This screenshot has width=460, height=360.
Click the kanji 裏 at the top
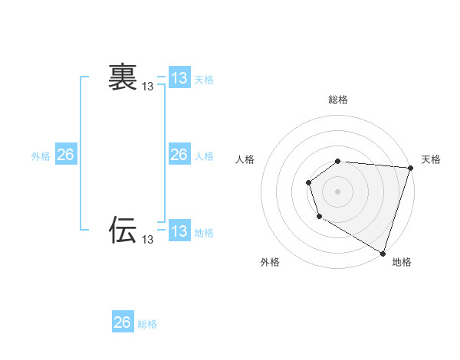pyautogui.click(x=123, y=77)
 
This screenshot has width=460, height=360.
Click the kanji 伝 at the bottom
pyautogui.click(x=123, y=229)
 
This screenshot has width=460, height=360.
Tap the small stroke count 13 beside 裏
pyautogui.click(x=148, y=87)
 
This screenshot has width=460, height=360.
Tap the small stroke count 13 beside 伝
pyautogui.click(x=148, y=240)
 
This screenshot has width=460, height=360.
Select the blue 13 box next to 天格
pyautogui.click(x=179, y=78)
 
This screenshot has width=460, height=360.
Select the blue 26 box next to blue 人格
pyautogui.click(x=179, y=155)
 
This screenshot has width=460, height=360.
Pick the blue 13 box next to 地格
pyautogui.click(x=179, y=231)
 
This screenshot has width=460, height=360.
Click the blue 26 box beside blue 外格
pyautogui.click(x=65, y=155)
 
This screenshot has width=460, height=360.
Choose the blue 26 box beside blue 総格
pyautogui.click(x=123, y=322)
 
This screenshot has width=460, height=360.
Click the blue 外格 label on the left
pyautogui.click(x=41, y=156)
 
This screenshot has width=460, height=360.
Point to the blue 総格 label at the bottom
pyautogui.click(x=147, y=324)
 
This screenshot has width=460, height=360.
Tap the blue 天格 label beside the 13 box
pyautogui.click(x=204, y=80)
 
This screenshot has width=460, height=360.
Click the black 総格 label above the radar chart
pyautogui.click(x=338, y=100)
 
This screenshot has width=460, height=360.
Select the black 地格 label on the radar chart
pyautogui.click(x=402, y=262)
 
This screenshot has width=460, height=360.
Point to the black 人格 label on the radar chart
pyautogui.click(x=245, y=159)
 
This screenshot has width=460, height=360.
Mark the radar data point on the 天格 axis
pyautogui.click(x=410, y=168)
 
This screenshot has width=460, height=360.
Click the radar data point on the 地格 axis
pyautogui.click(x=383, y=252)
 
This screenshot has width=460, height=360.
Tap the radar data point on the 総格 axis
pyautogui.click(x=338, y=161)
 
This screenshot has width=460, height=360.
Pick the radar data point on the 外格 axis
pyautogui.click(x=319, y=218)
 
